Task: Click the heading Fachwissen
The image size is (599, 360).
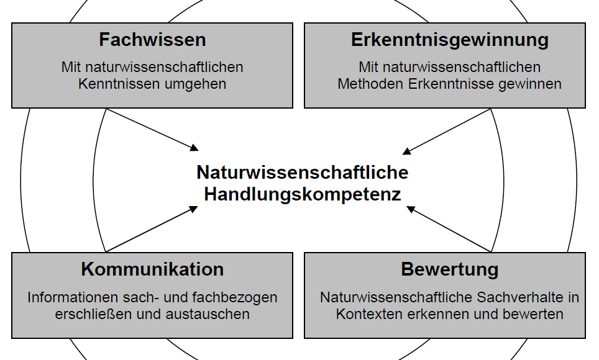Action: [152, 40]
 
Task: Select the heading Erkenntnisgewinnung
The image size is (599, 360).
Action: [450, 40]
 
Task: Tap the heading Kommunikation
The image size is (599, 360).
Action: [152, 269]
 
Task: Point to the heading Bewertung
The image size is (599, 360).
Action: [450, 270]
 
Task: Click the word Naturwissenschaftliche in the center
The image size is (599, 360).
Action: [303, 173]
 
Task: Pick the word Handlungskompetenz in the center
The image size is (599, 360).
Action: [303, 194]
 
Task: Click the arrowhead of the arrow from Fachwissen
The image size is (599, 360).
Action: [194, 148]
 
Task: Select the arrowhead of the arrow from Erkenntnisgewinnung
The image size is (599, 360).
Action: [407, 151]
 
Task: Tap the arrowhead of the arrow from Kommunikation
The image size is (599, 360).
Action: [194, 209]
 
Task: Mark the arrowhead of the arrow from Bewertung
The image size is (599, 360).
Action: [411, 210]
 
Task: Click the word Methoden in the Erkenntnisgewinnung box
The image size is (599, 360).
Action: [370, 84]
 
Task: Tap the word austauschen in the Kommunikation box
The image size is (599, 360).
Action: [208, 314]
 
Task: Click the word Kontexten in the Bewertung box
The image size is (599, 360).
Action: [370, 314]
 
